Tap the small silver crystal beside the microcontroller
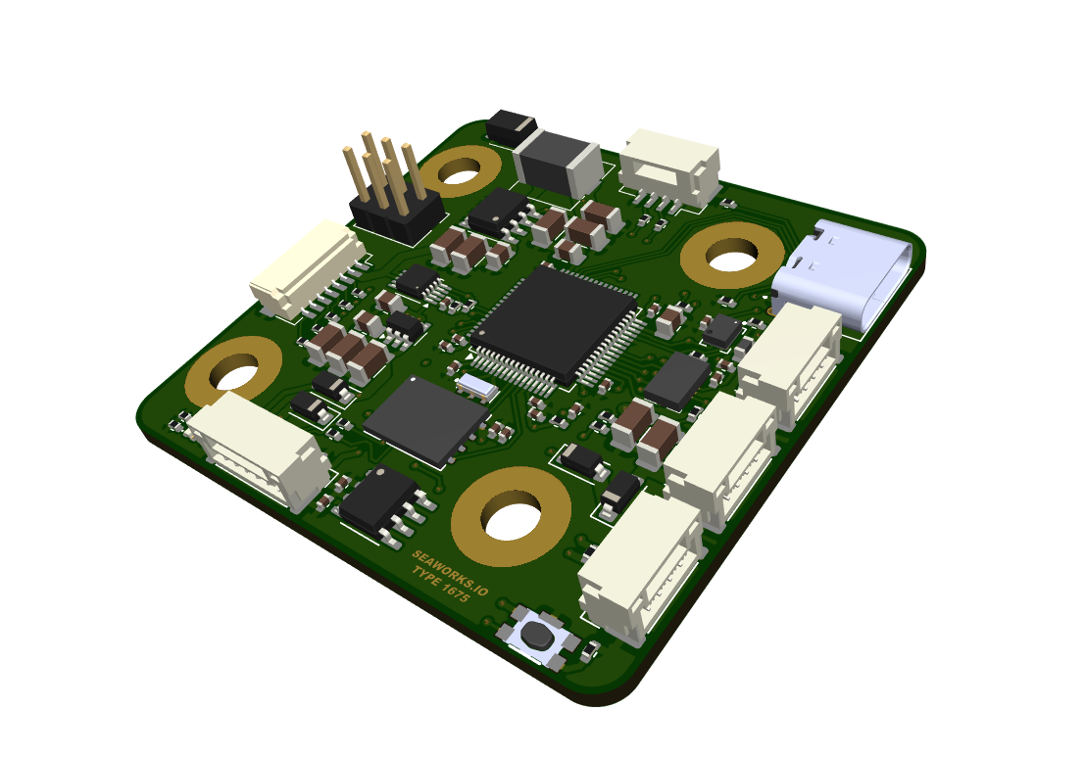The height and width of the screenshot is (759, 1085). [x=476, y=387]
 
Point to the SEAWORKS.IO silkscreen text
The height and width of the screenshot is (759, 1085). [x=450, y=572]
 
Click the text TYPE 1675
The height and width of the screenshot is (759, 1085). [x=440, y=588]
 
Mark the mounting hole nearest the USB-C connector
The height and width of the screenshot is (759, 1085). [x=730, y=260]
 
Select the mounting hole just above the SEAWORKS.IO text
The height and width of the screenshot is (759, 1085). [x=511, y=518]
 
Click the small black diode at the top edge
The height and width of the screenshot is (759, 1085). [x=511, y=126]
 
